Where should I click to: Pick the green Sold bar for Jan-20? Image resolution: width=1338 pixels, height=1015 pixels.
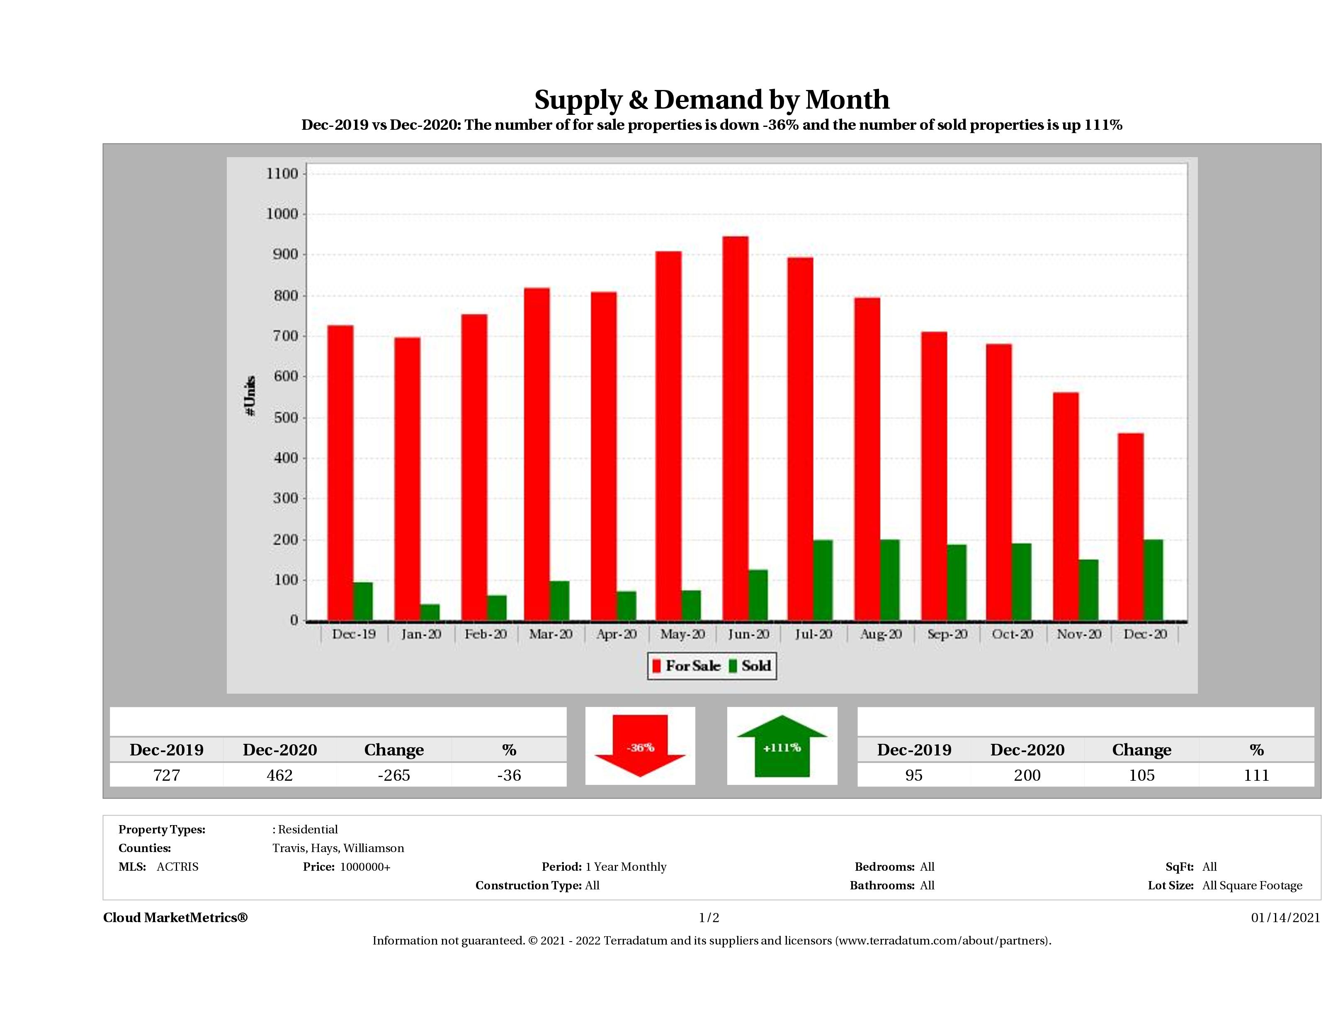[x=430, y=612]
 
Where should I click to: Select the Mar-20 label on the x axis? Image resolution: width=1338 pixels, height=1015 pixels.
[x=551, y=634]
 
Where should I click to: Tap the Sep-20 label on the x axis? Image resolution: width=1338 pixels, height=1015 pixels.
[x=947, y=634]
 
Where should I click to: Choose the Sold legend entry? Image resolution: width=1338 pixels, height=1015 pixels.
[x=750, y=666]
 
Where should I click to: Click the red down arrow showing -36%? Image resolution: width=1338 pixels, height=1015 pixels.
[x=640, y=746]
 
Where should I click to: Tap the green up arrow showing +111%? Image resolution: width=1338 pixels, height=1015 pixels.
[x=782, y=746]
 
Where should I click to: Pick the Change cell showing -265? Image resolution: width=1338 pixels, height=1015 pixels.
[x=394, y=775]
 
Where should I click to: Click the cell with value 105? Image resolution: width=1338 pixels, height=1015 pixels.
[x=1141, y=775]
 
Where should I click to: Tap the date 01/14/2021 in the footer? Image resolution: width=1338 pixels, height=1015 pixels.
[x=1285, y=918]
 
